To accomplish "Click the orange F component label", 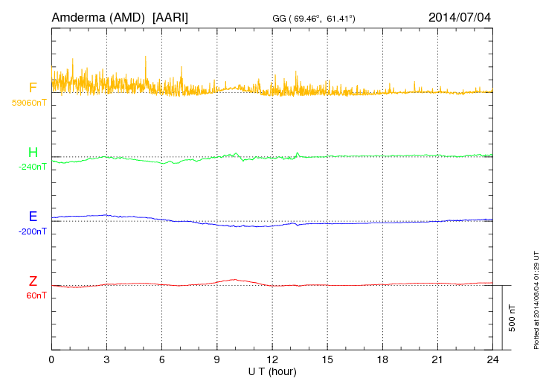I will (33, 89).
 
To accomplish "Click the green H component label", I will (33, 153).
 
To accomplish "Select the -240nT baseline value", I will (32, 167).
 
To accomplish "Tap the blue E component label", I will (33, 217).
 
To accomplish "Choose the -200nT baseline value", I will (32, 231).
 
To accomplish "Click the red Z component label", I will (33, 281).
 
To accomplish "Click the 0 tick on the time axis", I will (51, 359).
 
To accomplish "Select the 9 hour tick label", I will (217, 359).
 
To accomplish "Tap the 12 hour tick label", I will (272, 359).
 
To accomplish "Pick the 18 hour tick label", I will (382, 359).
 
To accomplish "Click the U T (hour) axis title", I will (272, 371).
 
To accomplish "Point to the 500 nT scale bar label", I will (513, 318).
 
